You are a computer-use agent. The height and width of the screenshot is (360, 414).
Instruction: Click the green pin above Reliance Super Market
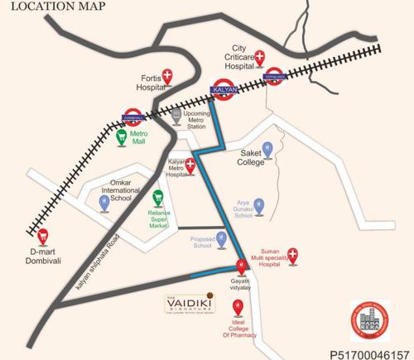(157, 196)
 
